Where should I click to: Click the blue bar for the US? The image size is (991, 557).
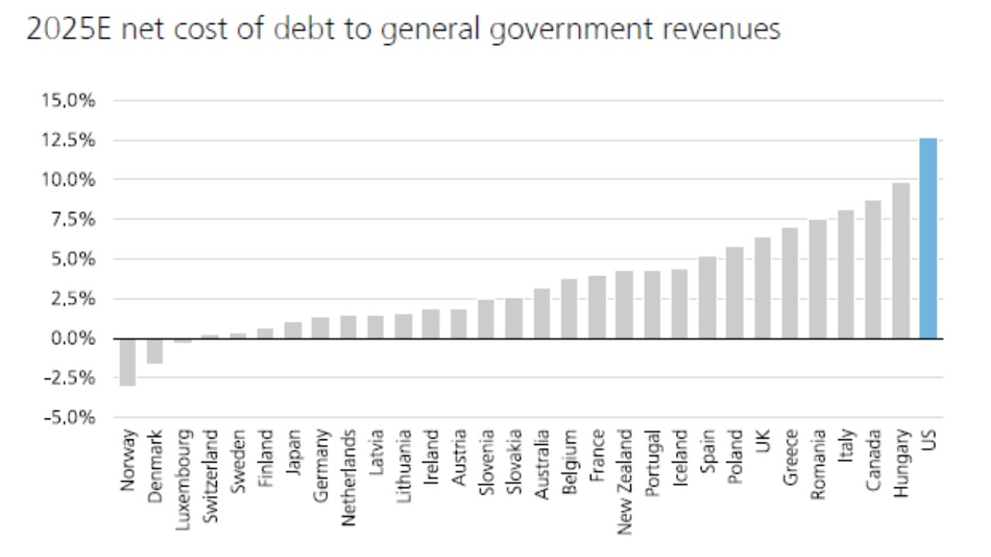928,238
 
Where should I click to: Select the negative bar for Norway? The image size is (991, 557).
128,361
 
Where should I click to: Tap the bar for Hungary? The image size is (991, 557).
900,261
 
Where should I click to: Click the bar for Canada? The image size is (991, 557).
873,269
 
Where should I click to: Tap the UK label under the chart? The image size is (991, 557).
762,442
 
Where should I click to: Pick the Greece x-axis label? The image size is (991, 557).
790,456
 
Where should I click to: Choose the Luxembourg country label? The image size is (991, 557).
183,474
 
